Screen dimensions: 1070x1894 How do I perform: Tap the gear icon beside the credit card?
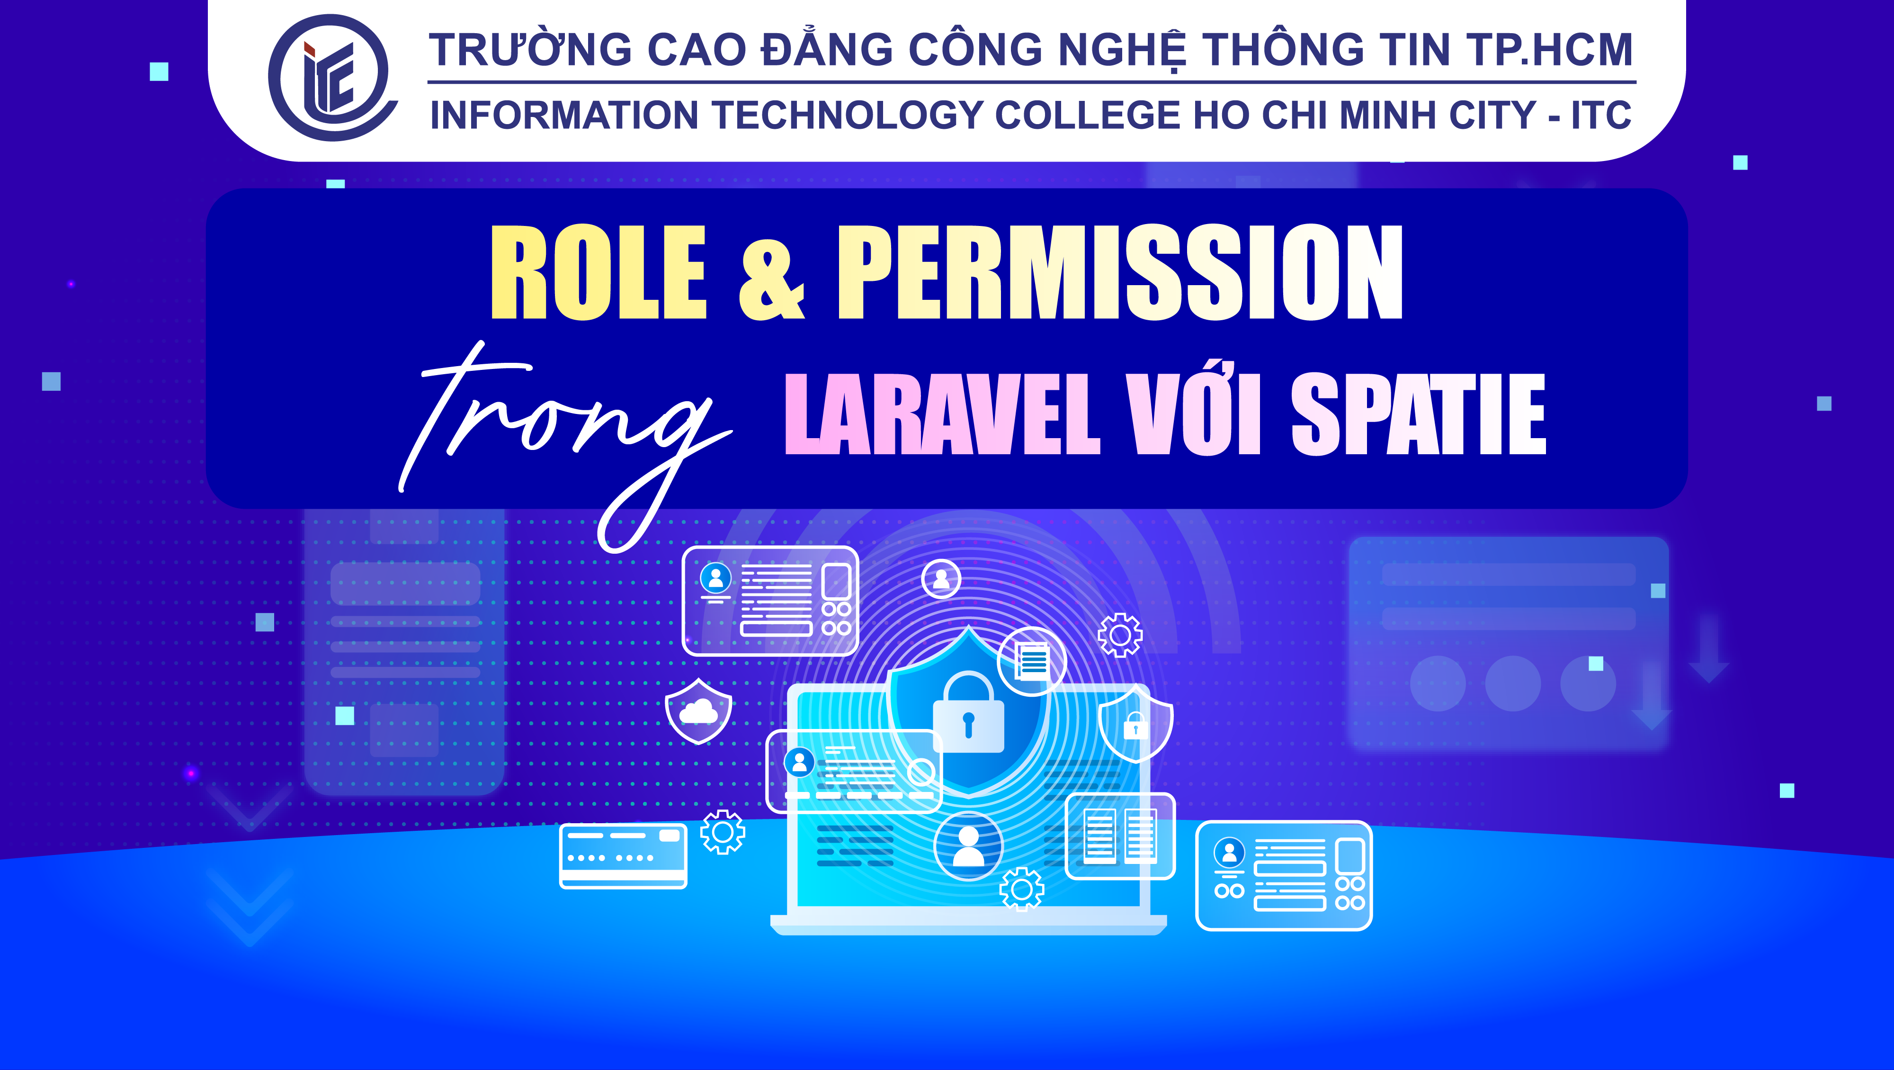click(722, 832)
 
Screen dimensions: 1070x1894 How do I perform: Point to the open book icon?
click(1120, 836)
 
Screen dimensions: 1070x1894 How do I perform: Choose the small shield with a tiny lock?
click(1135, 724)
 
